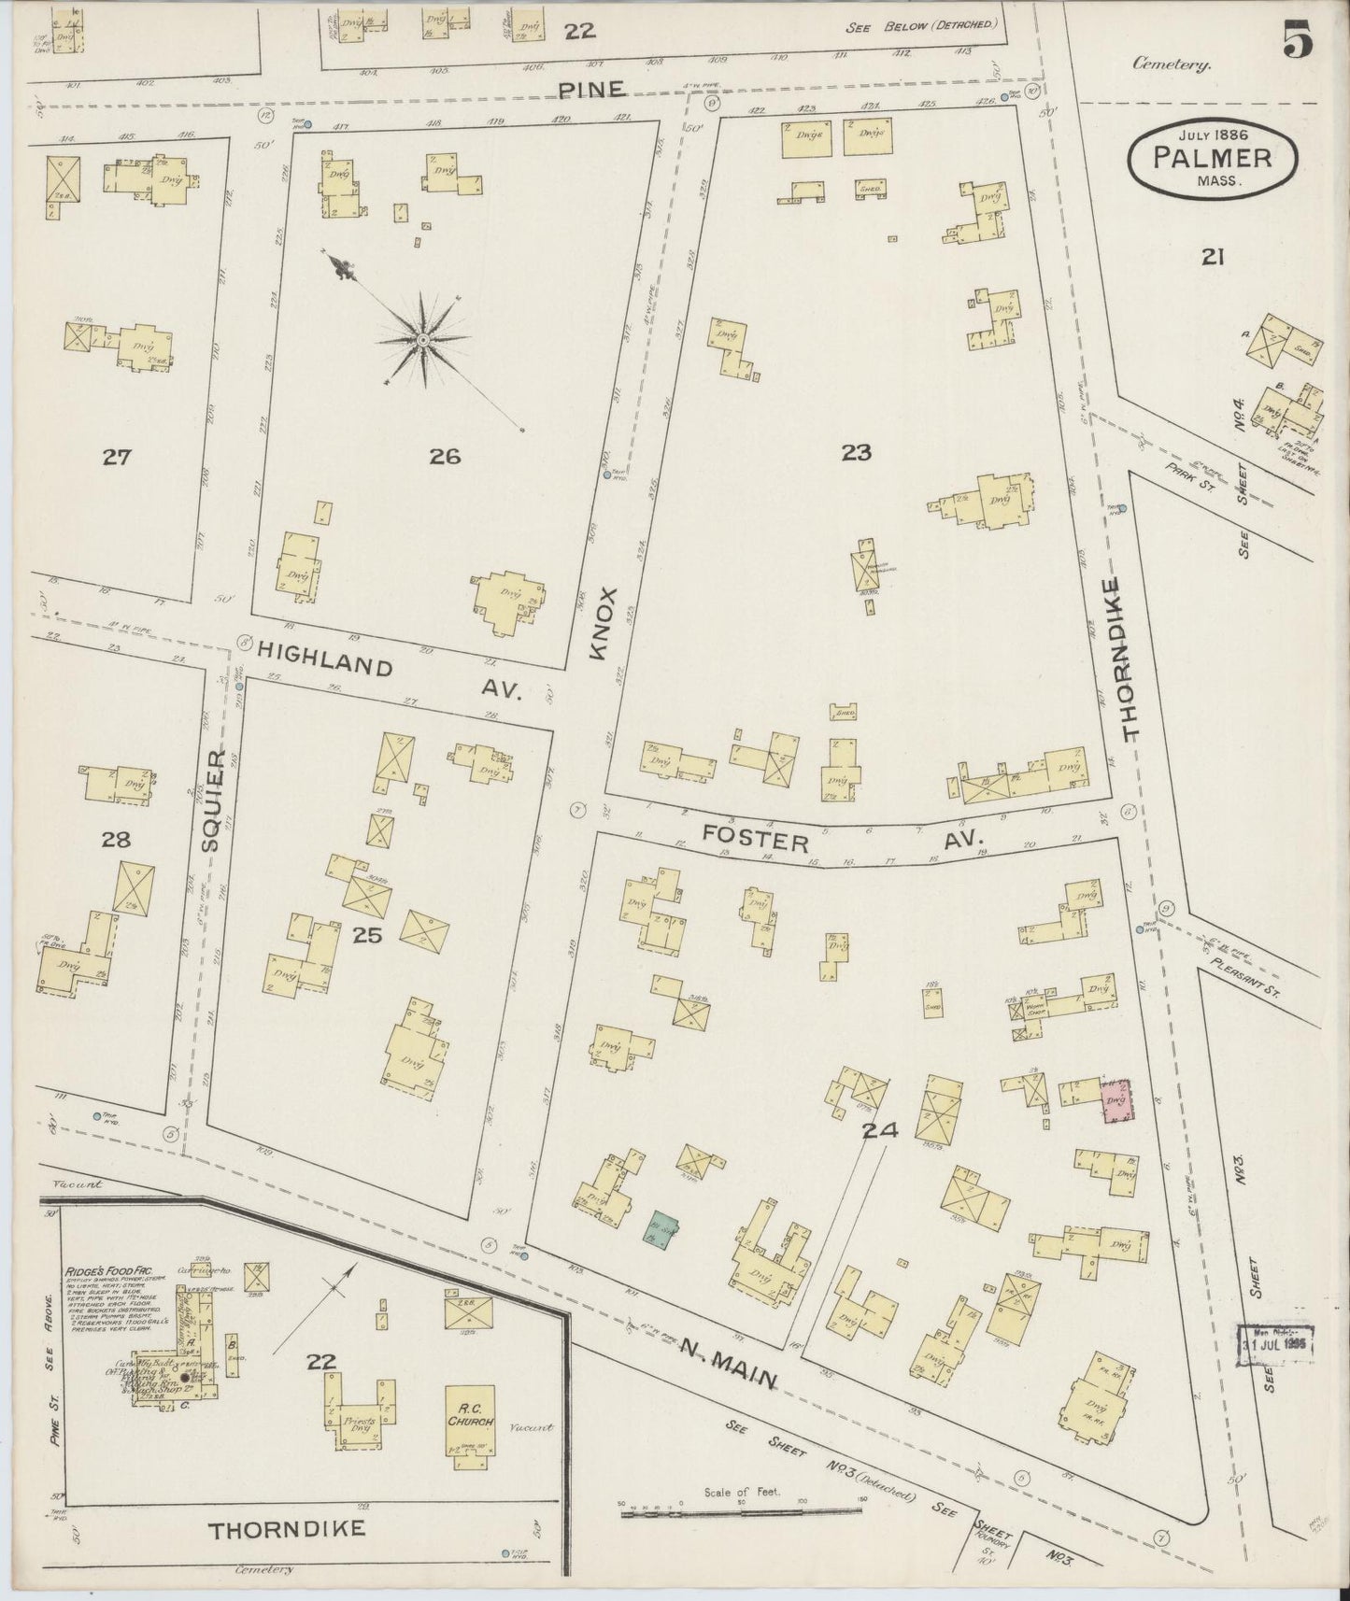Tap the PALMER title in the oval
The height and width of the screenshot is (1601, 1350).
[1212, 157]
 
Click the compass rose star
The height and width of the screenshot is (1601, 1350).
[422, 340]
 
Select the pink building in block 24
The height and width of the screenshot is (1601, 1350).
[1116, 1101]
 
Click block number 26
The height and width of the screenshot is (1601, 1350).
[445, 456]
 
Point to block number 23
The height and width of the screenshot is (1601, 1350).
[855, 452]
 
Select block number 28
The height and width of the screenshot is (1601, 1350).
[116, 840]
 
